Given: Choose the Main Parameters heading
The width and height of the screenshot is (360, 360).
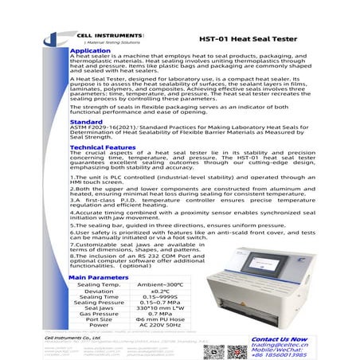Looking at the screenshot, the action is (x=98, y=276).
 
